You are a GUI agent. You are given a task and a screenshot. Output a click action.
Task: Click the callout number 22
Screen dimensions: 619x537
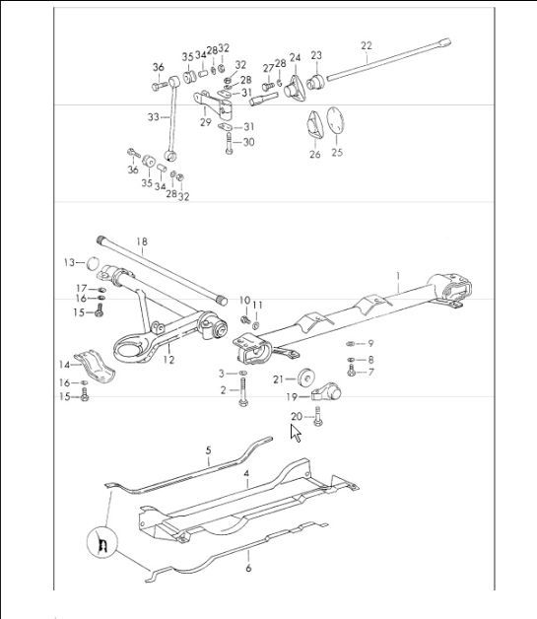[x=367, y=45]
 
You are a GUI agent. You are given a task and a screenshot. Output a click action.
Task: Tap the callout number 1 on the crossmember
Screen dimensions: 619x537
[x=397, y=276]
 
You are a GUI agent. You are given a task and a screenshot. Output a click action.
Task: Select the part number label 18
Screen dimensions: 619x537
[x=141, y=241]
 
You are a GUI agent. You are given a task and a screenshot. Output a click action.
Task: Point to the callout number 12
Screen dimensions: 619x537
[x=168, y=360]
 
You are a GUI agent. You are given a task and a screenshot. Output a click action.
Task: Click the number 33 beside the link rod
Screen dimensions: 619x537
[x=152, y=116]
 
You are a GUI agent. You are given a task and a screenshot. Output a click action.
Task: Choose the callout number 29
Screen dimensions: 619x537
[x=205, y=123]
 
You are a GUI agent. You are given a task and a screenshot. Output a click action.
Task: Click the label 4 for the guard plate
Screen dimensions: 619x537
[x=247, y=476]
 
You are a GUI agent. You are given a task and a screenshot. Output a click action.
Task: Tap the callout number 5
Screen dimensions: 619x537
[x=208, y=450]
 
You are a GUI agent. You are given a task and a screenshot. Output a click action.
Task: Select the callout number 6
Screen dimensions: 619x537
[x=248, y=568]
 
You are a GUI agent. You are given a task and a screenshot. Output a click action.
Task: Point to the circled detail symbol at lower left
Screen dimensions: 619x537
[x=101, y=543]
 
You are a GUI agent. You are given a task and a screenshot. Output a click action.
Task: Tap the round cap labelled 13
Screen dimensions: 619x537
[x=92, y=263]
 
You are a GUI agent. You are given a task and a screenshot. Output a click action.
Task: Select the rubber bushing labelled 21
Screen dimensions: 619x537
[x=306, y=378]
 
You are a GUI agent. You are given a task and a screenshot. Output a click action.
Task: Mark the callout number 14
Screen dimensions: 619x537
[x=63, y=365]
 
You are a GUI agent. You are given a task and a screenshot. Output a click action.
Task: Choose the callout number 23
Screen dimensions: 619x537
[x=316, y=55]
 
